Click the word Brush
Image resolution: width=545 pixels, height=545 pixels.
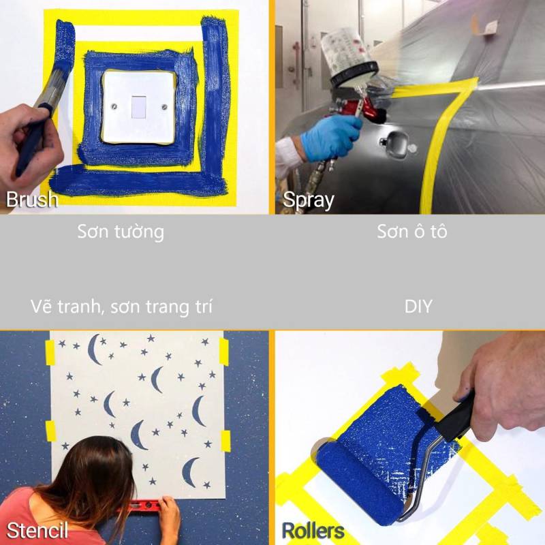click(32, 199)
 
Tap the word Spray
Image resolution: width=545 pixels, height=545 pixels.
click(309, 200)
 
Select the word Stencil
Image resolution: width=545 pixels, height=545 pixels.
click(37, 531)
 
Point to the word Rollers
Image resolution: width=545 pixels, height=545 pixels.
click(313, 531)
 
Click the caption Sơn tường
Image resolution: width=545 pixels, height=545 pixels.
click(121, 232)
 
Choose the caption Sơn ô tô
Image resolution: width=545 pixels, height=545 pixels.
click(412, 232)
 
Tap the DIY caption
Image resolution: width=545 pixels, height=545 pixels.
click(418, 306)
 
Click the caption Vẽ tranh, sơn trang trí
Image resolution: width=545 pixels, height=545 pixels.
click(121, 307)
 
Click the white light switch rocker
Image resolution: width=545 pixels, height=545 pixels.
click(139, 107)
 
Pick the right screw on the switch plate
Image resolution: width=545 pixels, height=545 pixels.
click(165, 108)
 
